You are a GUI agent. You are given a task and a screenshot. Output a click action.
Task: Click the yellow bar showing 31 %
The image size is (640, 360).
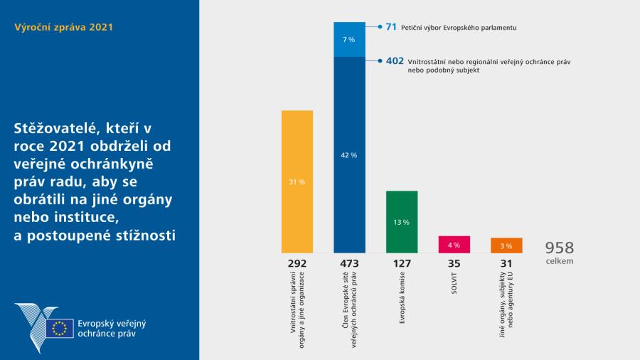[x=297, y=181]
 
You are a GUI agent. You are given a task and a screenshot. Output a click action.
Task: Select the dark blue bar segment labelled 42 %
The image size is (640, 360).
[x=349, y=154]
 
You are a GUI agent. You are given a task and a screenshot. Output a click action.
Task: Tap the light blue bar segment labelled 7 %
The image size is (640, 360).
[x=349, y=39]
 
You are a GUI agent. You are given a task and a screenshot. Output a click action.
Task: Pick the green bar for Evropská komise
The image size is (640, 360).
[x=401, y=221]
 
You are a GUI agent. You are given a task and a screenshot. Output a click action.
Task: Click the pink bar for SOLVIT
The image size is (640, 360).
[x=454, y=244]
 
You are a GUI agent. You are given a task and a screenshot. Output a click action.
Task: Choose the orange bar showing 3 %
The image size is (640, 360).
[x=506, y=245]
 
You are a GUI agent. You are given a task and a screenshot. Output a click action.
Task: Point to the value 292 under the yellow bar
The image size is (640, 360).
[x=297, y=263]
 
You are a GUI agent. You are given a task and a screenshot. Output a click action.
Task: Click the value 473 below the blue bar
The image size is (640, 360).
[x=349, y=263]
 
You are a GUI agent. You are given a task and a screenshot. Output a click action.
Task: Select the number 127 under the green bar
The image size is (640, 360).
[x=401, y=263]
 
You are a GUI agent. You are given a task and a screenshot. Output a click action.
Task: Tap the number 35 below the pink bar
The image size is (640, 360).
[x=454, y=263]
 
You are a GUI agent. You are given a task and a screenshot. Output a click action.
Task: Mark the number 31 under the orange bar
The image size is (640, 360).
[x=506, y=263]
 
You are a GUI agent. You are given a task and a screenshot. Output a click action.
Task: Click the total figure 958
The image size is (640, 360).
[x=559, y=248]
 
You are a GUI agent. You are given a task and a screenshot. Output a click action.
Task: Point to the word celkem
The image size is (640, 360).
[x=559, y=261]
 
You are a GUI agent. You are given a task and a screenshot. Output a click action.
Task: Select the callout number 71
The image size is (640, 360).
[x=391, y=26]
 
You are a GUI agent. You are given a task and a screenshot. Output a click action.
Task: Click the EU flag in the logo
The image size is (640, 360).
[x=60, y=328]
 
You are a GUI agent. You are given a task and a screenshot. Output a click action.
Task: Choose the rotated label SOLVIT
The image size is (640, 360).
[x=454, y=283]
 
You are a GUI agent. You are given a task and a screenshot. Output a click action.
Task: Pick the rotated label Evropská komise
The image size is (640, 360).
[x=402, y=300]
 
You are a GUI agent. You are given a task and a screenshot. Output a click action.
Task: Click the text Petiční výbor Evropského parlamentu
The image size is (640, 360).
[x=460, y=27]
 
